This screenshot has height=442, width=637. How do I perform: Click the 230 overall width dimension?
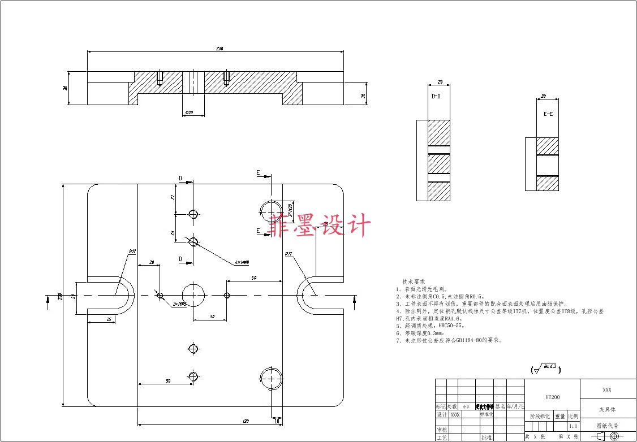[x=219, y=49]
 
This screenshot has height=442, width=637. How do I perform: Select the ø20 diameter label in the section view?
[x=189, y=113]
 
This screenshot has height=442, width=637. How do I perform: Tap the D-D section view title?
[x=436, y=97]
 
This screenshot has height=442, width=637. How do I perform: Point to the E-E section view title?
[x=548, y=114]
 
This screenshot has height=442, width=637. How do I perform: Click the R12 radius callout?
[x=132, y=252]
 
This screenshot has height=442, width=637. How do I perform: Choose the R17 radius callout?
[x=289, y=254]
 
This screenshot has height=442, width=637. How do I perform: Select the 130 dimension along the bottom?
[x=246, y=422]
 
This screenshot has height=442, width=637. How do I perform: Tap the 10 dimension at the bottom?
[x=277, y=421]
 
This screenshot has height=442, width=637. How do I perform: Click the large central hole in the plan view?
[x=193, y=294]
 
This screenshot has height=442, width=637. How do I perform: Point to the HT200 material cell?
[x=552, y=397]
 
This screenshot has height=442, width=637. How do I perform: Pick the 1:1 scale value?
[x=573, y=426]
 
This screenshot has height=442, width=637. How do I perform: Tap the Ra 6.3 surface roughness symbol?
[x=545, y=370]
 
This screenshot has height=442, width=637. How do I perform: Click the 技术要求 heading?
[x=414, y=281]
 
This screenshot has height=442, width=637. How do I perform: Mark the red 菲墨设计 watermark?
[x=320, y=225]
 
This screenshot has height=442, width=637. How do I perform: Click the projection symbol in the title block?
[x=608, y=436]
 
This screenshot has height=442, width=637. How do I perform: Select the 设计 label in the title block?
[x=441, y=414]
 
